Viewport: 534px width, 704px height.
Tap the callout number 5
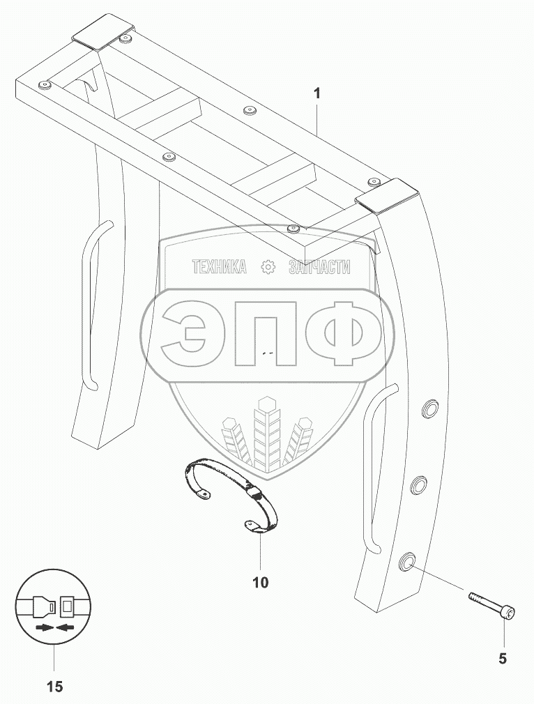503,657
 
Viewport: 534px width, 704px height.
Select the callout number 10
260,583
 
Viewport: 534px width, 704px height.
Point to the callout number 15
54,687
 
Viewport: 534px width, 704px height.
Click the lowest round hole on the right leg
407,561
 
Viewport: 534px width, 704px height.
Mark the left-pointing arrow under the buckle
66,627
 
